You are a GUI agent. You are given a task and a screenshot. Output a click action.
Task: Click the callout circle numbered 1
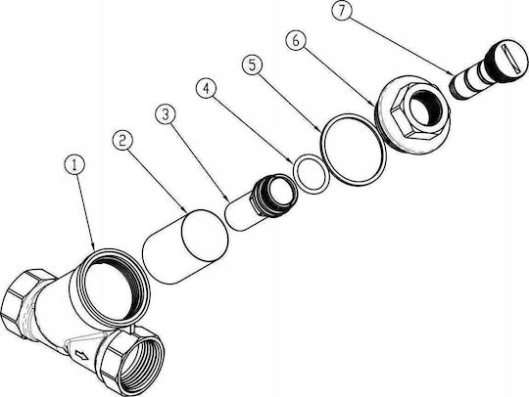(x=74, y=164)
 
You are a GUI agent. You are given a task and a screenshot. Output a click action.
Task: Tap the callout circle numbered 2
(x=122, y=141)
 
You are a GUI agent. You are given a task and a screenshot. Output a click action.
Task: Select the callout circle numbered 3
(x=166, y=114)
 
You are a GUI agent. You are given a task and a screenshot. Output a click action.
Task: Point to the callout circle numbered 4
(x=207, y=88)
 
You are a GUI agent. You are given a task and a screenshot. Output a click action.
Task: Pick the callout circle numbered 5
(x=253, y=65)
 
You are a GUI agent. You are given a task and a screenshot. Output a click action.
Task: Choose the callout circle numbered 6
(x=296, y=40)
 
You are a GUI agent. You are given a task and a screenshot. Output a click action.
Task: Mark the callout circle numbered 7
(x=342, y=11)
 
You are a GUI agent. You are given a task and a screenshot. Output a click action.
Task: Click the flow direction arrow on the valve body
(x=81, y=355)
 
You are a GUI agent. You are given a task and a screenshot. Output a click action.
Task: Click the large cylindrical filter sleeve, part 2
(x=185, y=246)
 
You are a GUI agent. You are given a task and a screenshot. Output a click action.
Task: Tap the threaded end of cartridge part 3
(x=274, y=195)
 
